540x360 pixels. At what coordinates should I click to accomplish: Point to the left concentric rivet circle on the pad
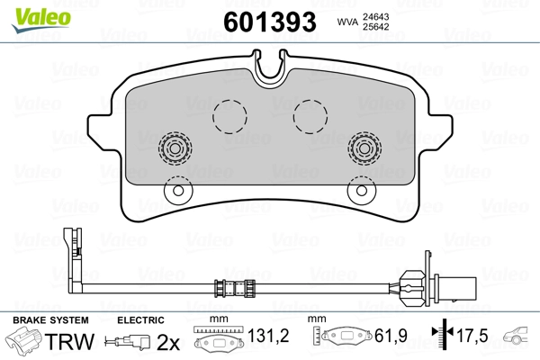pyautogui.click(x=175, y=148)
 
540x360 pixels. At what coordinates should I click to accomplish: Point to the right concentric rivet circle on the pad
pyautogui.click(x=364, y=148)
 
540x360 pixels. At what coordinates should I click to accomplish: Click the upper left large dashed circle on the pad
pyautogui.click(x=229, y=114)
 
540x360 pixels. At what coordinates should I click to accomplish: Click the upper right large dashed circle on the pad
pyautogui.click(x=311, y=114)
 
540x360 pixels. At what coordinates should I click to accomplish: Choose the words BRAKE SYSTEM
pyautogui.click(x=49, y=320)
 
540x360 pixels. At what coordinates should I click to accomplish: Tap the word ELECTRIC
pyautogui.click(x=140, y=320)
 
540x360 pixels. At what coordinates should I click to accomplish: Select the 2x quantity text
pyautogui.click(x=168, y=342)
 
